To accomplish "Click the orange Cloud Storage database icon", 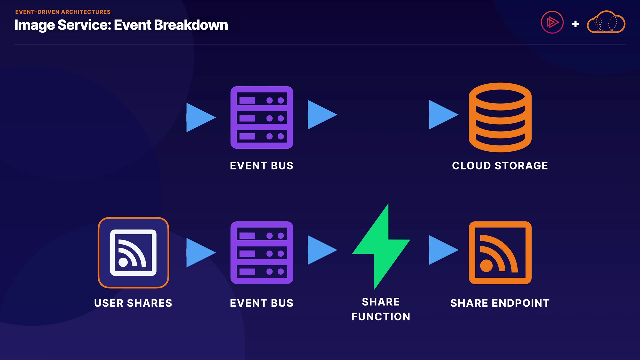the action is click(x=500, y=117).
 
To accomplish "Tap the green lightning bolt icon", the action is click(x=381, y=247).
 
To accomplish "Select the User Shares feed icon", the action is click(x=133, y=253).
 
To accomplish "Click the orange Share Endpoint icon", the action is click(x=500, y=253).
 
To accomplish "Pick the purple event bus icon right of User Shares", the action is click(x=262, y=253).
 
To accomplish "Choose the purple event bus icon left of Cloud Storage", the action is click(x=262, y=117).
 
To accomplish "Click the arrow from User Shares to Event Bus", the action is click(x=201, y=253).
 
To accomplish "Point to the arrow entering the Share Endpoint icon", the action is click(x=444, y=250).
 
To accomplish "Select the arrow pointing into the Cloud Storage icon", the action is click(x=444, y=115).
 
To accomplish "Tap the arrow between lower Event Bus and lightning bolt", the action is click(x=322, y=250).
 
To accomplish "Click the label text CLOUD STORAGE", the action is click(x=500, y=166).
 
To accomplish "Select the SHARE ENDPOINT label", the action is click(x=500, y=303).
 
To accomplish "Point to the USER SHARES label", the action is click(x=133, y=303).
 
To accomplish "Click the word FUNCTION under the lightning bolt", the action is click(x=381, y=317).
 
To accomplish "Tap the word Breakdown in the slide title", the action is click(x=191, y=25).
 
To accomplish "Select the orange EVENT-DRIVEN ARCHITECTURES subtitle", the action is click(x=63, y=12).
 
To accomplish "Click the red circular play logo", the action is click(x=552, y=22).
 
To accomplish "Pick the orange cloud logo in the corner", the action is click(x=606, y=22).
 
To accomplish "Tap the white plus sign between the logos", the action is click(x=575, y=24).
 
